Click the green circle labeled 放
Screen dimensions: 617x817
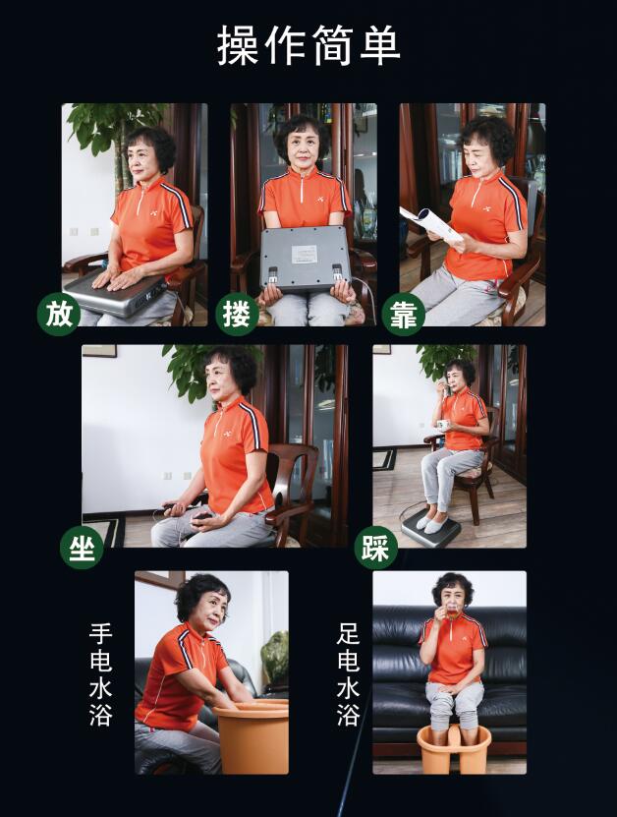point(59,315)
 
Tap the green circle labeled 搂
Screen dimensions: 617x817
point(238,315)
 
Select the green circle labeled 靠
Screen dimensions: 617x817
point(404,315)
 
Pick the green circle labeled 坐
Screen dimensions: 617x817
point(82,547)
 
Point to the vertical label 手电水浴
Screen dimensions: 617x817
point(101,675)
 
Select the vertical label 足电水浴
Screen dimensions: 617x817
point(349,675)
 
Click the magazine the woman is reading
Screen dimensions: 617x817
point(430,224)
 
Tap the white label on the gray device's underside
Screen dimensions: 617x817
point(306,255)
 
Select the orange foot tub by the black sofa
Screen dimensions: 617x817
point(454,748)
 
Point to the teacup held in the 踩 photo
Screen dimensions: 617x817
point(443,425)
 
